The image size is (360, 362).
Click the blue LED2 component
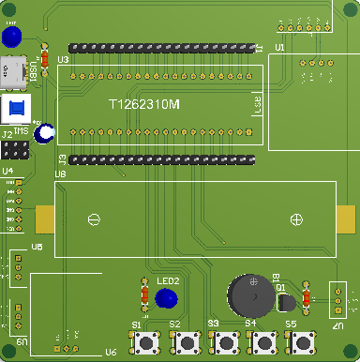pos(167,298)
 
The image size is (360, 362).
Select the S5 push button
pos(301,344)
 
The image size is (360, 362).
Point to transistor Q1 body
pos(287,301)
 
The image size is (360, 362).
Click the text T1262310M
pos(144,106)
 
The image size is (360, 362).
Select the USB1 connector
pos(12,69)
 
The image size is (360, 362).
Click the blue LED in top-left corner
pos(12,38)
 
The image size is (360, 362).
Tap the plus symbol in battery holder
pos(296,219)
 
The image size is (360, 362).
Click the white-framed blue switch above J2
pos(16,107)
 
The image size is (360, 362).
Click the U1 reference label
pos(279,46)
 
